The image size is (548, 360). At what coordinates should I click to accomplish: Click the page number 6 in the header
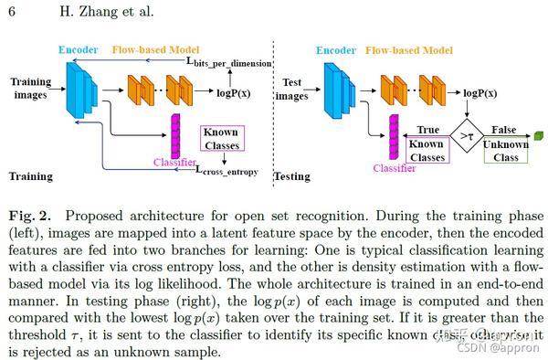(x=11, y=11)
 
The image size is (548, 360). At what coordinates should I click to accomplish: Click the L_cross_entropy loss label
(x=227, y=170)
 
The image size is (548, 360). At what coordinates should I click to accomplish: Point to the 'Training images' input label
(x=31, y=88)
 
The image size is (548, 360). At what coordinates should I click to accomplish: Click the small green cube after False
(x=538, y=136)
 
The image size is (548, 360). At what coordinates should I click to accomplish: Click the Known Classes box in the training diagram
(x=221, y=139)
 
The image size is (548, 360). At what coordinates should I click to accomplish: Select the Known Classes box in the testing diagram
(x=426, y=152)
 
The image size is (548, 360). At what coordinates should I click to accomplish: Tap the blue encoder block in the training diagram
(x=79, y=90)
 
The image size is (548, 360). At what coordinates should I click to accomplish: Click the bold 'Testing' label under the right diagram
(x=293, y=175)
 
